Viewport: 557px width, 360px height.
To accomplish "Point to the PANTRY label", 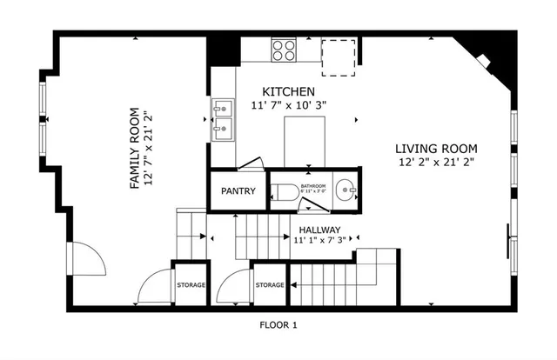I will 237,191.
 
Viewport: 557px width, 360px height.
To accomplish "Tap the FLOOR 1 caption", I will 278,325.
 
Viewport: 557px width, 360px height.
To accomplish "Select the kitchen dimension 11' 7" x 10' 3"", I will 288,105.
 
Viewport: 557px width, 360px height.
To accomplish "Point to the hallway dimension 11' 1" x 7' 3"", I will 320,240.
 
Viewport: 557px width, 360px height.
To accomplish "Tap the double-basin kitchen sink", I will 222,119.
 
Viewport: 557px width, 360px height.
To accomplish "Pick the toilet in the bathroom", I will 281,192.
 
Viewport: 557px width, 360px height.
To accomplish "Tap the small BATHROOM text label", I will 312,186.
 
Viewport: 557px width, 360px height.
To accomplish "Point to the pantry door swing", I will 251,164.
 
